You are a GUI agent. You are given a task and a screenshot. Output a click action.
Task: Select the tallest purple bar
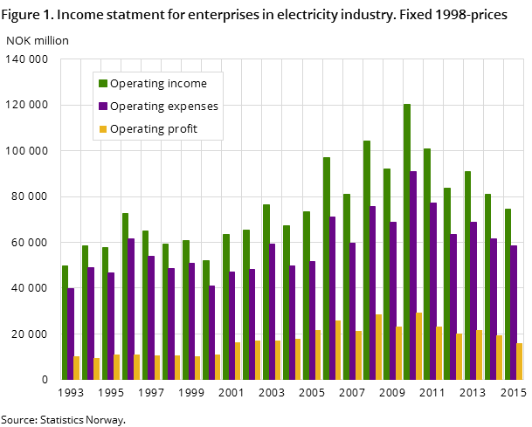point(413,275)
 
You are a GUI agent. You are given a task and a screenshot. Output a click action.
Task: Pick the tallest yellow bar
point(419,346)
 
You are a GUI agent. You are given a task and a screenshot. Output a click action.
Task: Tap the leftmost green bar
point(65,322)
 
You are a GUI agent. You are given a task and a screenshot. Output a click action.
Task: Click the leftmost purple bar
point(71,334)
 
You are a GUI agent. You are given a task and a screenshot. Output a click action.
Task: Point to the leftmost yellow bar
point(77,368)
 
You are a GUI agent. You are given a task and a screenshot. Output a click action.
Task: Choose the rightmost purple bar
point(514,312)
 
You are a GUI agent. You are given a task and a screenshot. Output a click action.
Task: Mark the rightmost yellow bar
point(520,361)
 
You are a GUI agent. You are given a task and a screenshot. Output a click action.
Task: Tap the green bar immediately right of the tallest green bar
point(427,264)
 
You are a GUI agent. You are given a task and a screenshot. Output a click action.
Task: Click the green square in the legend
point(103,84)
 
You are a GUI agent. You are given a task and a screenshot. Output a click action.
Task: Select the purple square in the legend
point(103,107)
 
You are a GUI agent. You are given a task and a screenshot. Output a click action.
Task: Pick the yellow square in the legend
point(103,129)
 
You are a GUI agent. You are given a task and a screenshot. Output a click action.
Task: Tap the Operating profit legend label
point(154,129)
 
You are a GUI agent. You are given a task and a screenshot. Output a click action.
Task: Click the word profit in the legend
point(182,129)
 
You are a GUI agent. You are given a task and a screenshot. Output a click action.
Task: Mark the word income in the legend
point(189,84)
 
